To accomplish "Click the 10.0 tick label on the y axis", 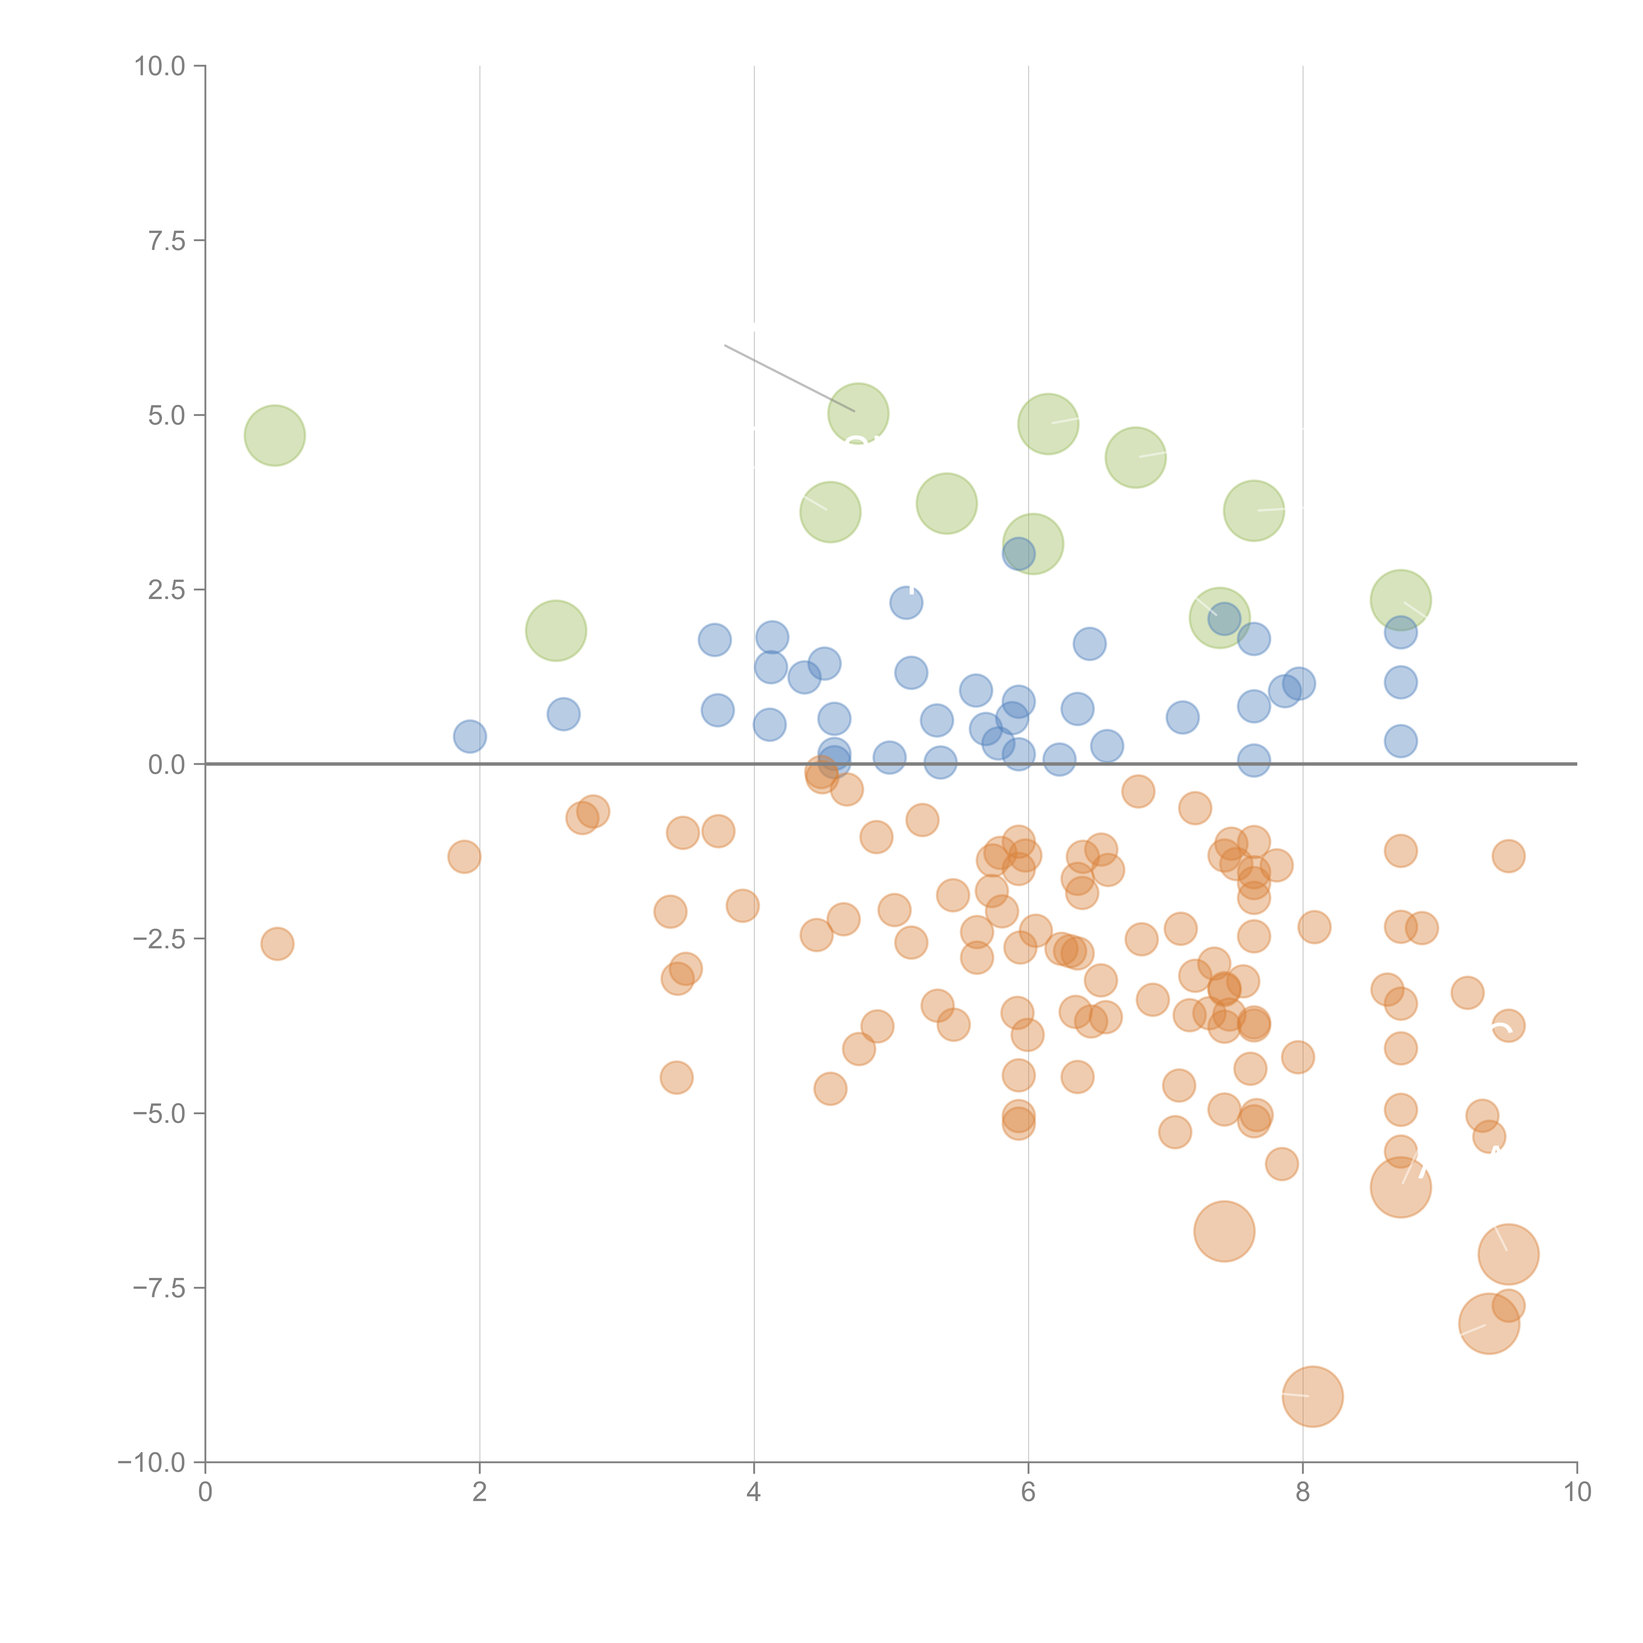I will (x=160, y=66).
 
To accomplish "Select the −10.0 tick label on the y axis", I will (x=151, y=1463).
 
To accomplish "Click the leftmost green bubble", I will (x=275, y=435).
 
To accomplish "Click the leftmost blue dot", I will (x=470, y=736).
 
